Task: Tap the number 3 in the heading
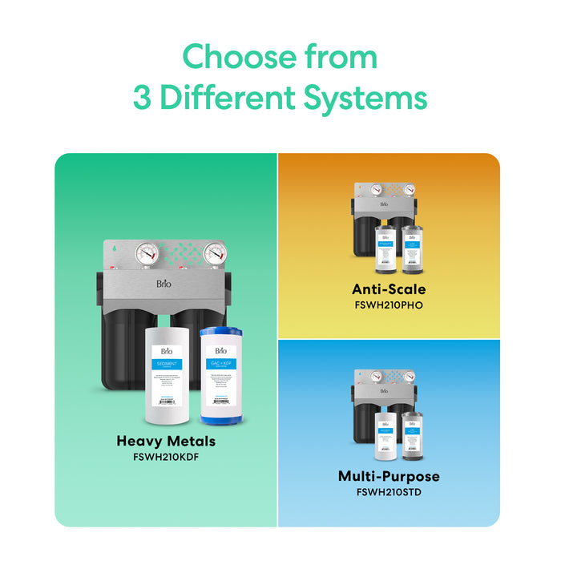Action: click(x=143, y=99)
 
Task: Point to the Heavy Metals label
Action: click(x=166, y=441)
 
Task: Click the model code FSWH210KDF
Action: click(x=166, y=458)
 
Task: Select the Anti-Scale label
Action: click(x=389, y=289)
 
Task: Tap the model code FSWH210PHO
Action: click(x=389, y=305)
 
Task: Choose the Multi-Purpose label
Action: click(x=389, y=476)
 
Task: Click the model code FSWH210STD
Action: click(x=389, y=491)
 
